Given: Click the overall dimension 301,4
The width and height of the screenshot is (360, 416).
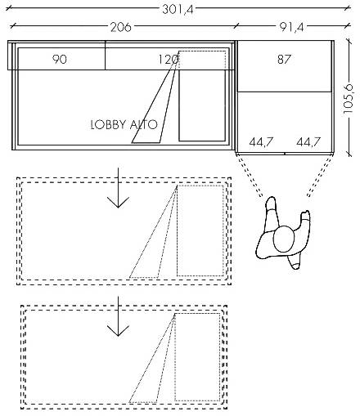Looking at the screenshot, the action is [x=178, y=10].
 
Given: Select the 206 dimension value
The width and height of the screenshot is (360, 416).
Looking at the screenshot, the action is [x=120, y=27].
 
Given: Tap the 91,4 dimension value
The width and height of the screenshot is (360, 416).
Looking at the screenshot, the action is [x=291, y=27].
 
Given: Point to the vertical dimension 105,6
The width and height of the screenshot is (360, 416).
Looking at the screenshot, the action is [x=349, y=99].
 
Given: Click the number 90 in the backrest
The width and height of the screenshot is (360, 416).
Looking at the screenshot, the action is [x=60, y=59].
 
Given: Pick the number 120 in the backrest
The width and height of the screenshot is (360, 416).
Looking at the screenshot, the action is [x=169, y=59].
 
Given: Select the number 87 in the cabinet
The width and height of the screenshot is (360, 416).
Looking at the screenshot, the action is [x=284, y=59].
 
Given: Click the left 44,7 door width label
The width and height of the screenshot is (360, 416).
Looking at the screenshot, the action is [x=261, y=142].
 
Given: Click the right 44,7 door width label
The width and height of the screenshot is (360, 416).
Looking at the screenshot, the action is [x=308, y=142].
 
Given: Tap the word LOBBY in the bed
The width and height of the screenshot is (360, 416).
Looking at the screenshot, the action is [x=109, y=125].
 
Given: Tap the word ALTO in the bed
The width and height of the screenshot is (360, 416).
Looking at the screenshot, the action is [x=144, y=125].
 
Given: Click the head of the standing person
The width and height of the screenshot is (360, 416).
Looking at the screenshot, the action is [x=284, y=239].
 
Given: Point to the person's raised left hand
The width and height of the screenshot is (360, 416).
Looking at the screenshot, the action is [x=305, y=215].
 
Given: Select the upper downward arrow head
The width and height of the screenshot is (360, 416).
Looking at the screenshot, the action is [x=118, y=203].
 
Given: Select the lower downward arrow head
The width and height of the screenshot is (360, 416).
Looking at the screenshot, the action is [x=118, y=331].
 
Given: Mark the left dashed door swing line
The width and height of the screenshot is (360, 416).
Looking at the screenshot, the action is [x=250, y=176].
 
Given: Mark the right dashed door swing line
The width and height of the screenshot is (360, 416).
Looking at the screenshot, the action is [x=320, y=176].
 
